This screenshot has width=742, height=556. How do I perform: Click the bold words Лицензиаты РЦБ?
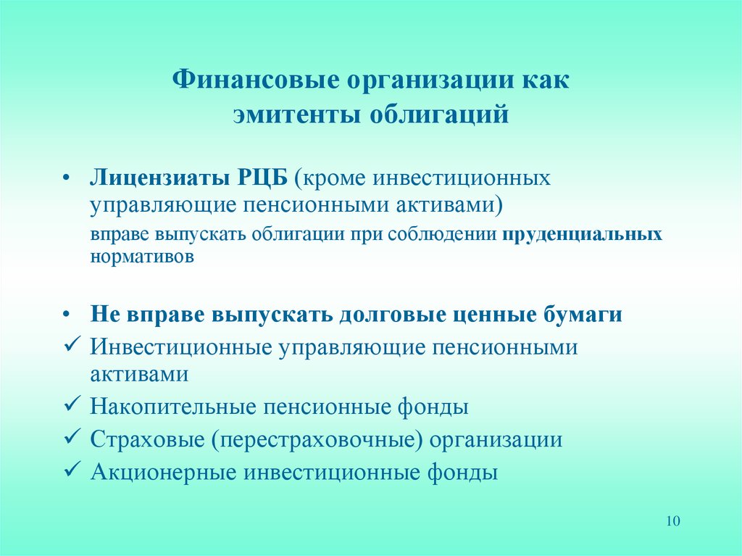click(x=189, y=178)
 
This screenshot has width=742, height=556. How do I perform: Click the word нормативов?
click(x=142, y=257)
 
